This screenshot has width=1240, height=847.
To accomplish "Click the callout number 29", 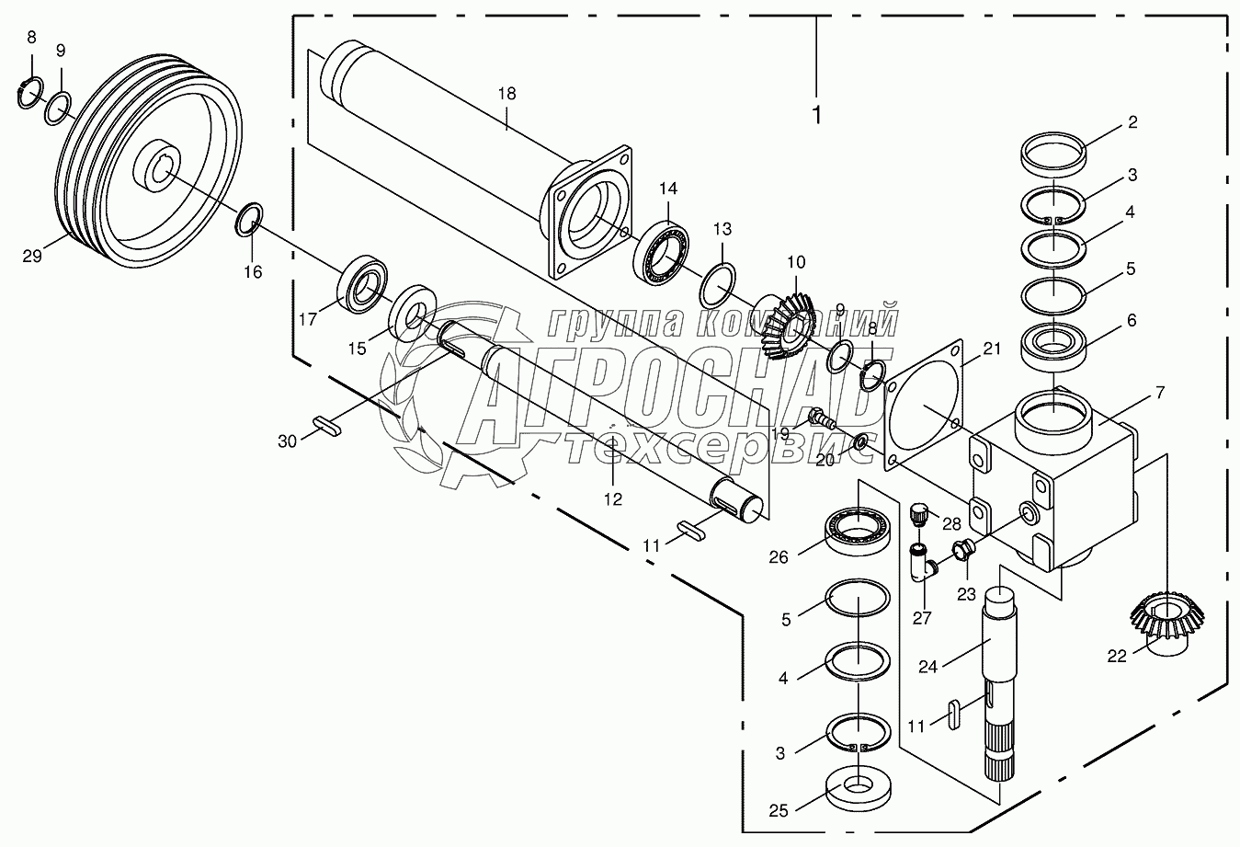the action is pyautogui.click(x=32, y=256).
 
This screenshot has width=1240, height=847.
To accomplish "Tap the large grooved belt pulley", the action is pyautogui.click(x=148, y=161).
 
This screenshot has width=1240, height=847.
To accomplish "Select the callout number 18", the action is pyautogui.click(x=506, y=94).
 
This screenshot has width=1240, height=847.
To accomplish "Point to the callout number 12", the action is pyautogui.click(x=613, y=499).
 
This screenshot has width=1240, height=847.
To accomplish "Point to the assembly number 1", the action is pyautogui.click(x=816, y=115).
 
